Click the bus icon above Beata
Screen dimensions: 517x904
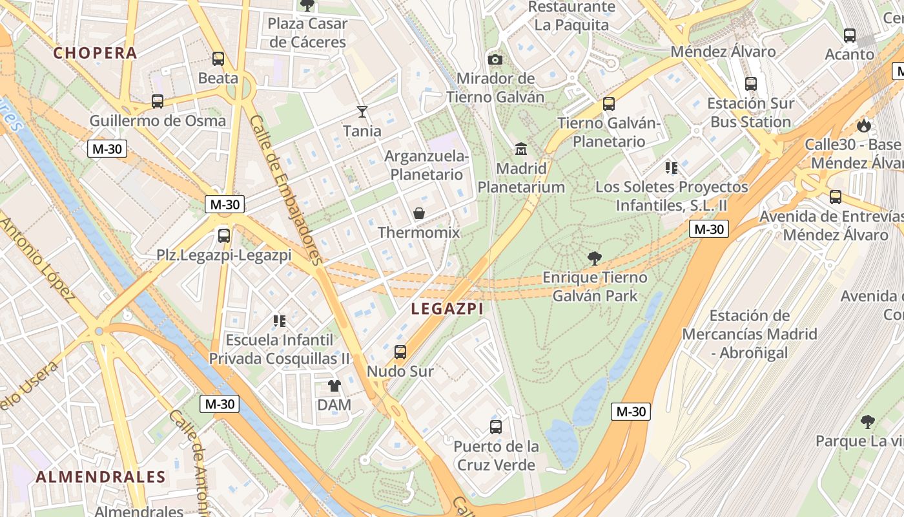point(218,59)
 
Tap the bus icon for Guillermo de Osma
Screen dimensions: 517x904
point(157,101)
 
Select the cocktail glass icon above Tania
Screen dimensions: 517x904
point(362,112)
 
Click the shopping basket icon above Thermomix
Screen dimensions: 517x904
point(419,213)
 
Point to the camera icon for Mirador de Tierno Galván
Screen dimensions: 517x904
point(495,59)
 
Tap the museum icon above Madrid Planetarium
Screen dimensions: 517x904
point(521,149)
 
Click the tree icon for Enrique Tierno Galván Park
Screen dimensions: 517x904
point(595,258)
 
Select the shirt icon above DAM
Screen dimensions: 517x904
point(334,386)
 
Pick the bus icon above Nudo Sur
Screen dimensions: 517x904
point(400,352)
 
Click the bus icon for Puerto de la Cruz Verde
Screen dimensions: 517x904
point(496,427)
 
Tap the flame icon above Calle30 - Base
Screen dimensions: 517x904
point(863,125)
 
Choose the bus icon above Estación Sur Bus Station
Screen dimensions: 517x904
point(750,84)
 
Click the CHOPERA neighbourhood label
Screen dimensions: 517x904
point(95,53)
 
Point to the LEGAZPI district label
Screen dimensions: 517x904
point(447,309)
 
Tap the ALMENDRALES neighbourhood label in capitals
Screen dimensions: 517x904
point(101,477)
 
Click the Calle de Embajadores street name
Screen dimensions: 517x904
point(285,191)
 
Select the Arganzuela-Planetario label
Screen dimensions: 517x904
point(427,165)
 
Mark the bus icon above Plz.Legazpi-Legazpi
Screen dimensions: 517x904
point(224,236)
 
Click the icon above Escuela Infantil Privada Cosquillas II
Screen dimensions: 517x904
point(280,321)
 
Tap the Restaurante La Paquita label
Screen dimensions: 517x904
point(571,16)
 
